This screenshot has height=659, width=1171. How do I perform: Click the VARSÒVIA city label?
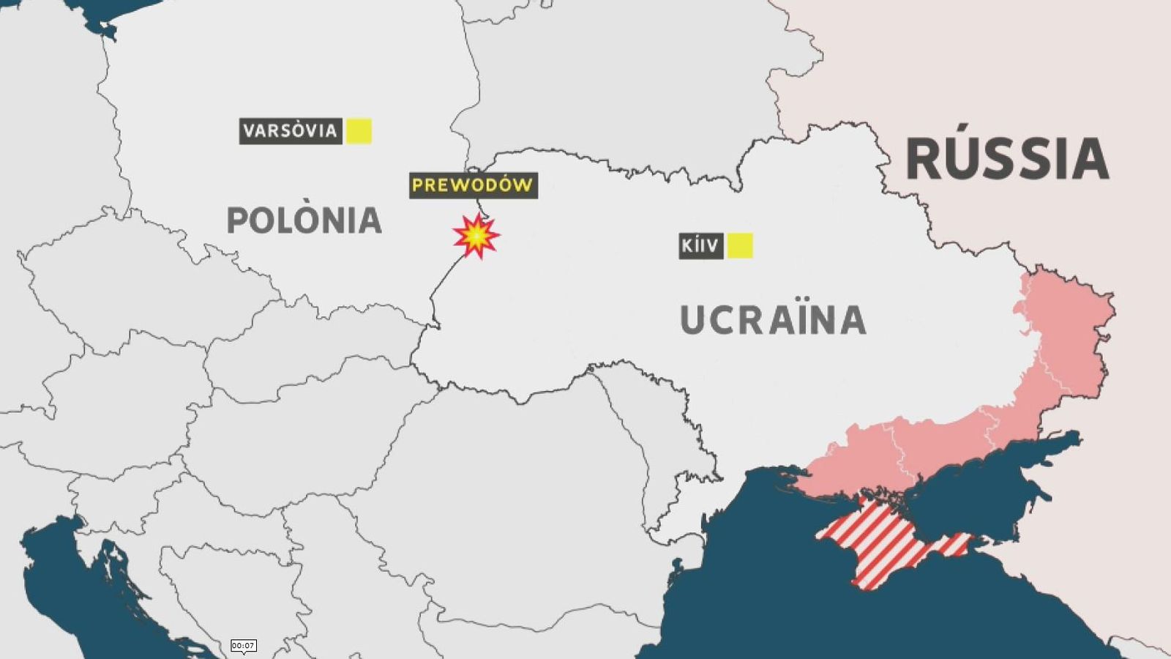click(291, 131)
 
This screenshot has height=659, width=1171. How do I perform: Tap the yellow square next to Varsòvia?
click(359, 131)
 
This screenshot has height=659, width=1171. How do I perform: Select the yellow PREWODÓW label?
click(473, 185)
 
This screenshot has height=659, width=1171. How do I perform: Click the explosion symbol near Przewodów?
click(476, 236)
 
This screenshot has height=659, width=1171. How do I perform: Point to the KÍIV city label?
click(700, 246)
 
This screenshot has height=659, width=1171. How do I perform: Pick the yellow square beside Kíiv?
click(740, 246)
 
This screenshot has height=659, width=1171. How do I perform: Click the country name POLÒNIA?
click(304, 220)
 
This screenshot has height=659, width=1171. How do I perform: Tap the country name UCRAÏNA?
click(773, 321)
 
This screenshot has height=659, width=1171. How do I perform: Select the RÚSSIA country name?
click(1008, 159)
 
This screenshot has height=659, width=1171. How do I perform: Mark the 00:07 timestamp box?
click(243, 645)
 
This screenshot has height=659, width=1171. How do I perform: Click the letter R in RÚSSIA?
click(925, 159)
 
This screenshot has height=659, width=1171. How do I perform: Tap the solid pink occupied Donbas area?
click(1061, 344)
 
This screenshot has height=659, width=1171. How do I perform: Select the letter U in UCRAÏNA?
click(694, 321)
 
